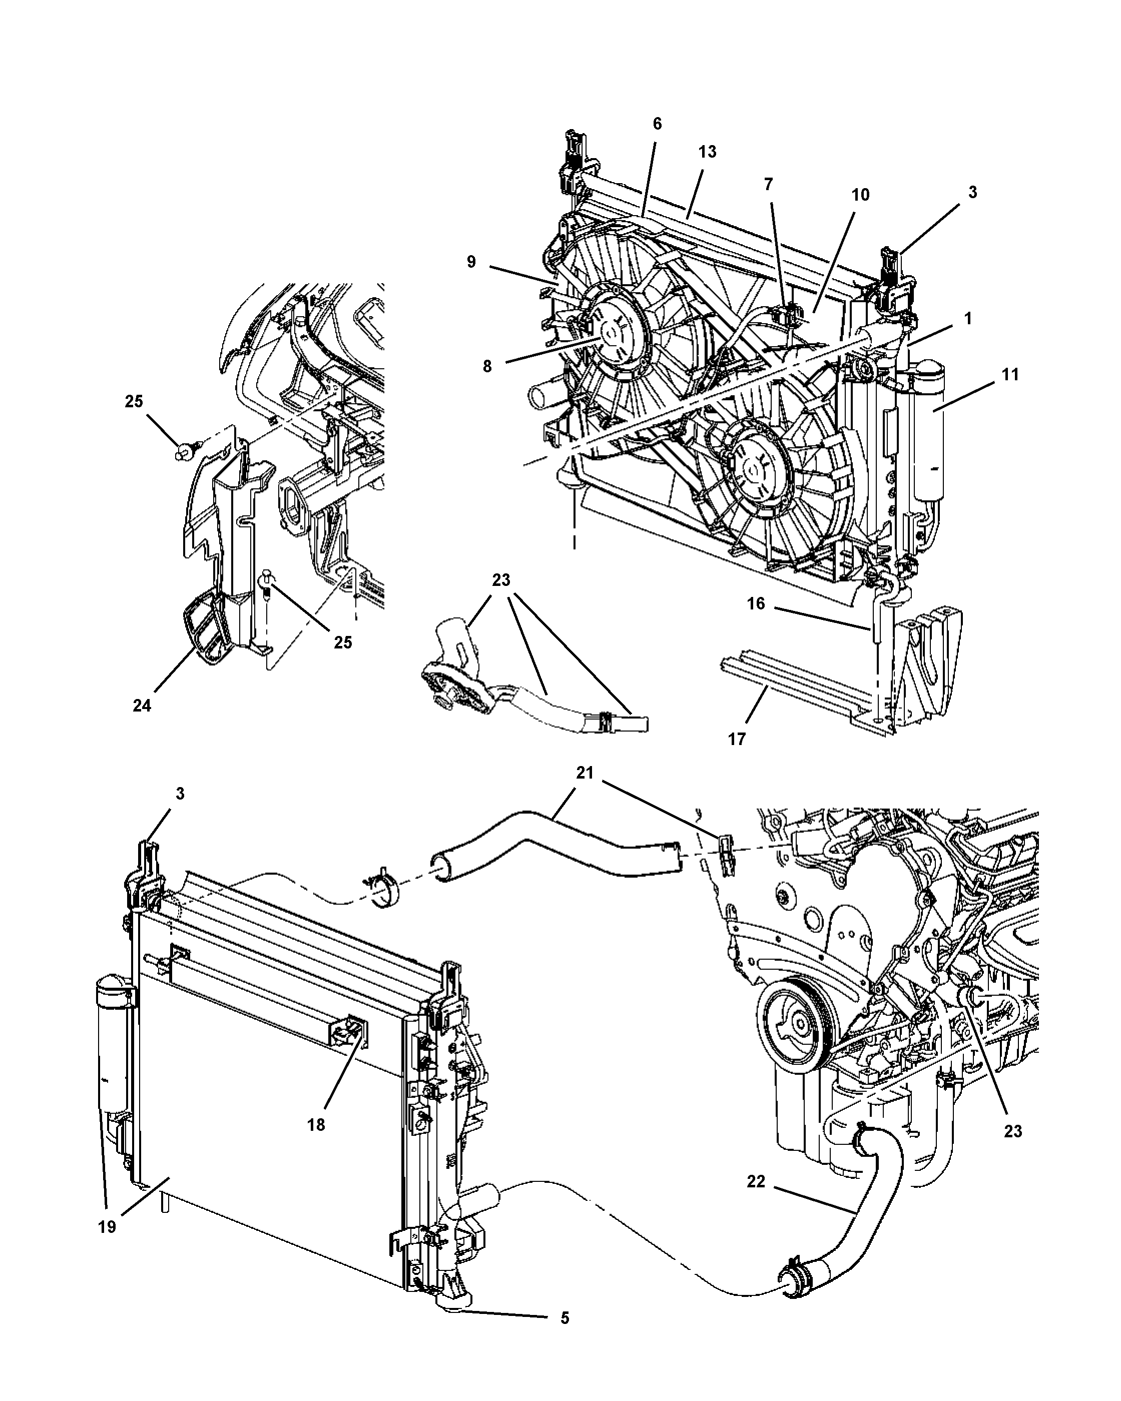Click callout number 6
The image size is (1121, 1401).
657,124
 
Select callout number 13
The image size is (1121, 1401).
707,152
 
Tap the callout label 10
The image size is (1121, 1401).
860,195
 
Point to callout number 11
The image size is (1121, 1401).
1010,374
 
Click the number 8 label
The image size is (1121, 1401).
487,366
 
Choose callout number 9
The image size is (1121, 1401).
471,262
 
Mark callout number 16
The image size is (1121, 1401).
756,603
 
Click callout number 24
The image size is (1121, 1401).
142,706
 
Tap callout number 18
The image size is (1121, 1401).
316,1124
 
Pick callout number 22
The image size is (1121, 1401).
756,1181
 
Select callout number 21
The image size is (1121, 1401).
585,773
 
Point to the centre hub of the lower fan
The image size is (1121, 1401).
756,466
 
